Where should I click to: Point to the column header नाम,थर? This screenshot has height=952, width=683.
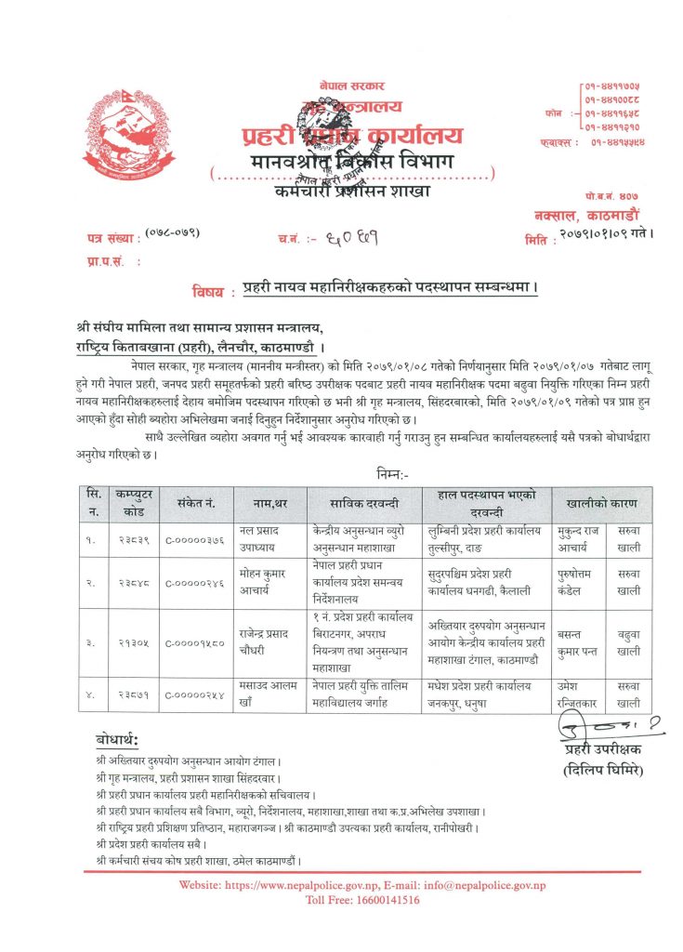click(x=265, y=503)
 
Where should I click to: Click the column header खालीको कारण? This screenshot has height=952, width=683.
click(x=601, y=503)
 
